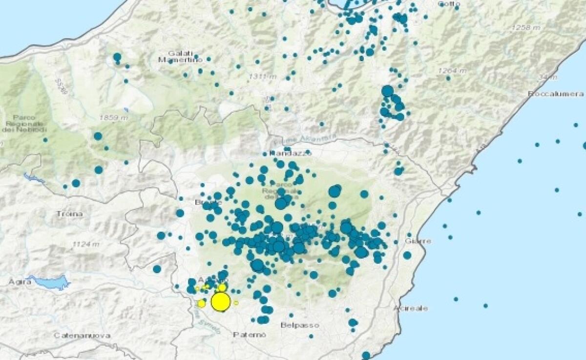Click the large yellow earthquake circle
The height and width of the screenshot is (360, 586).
221,302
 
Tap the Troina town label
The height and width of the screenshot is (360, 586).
69,214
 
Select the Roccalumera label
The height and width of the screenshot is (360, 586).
556,93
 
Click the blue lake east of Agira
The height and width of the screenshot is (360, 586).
49,281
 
